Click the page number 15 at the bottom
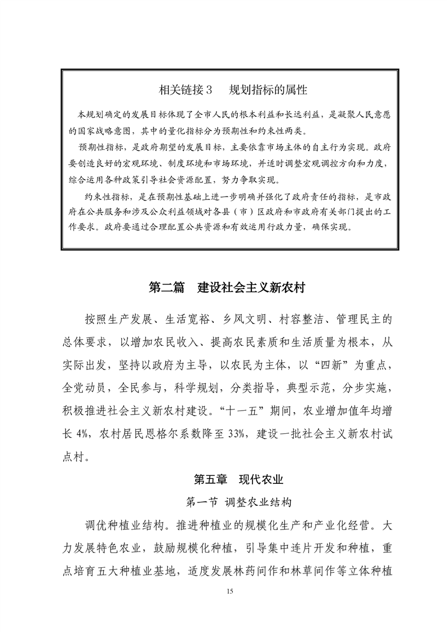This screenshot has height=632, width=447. coord(229,591)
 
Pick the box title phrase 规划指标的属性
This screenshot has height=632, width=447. coord(268,90)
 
